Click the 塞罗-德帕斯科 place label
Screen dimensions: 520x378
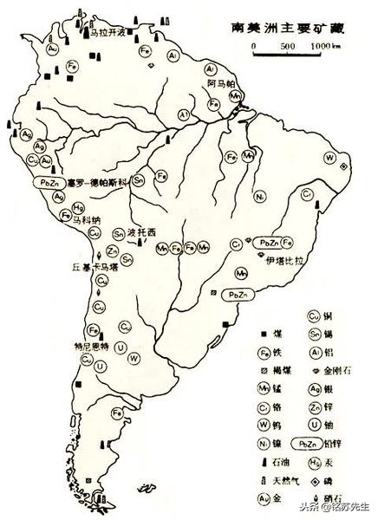(96, 183)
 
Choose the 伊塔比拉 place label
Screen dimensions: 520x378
(283, 258)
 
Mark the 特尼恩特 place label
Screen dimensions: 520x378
(91, 345)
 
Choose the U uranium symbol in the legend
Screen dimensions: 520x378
(316, 426)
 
